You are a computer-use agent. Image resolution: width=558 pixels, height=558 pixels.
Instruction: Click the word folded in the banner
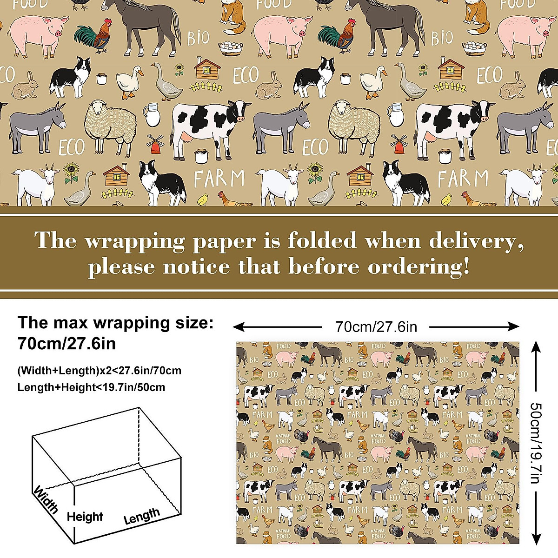(322, 240)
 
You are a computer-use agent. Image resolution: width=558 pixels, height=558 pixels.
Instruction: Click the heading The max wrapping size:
(116, 322)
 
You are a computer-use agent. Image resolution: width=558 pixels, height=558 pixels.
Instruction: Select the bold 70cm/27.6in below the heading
(66, 344)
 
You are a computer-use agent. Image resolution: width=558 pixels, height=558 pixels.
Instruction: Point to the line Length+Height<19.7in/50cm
(91, 387)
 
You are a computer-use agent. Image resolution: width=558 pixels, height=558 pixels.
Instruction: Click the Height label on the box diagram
(85, 517)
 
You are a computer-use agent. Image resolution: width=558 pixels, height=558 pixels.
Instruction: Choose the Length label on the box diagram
(142, 516)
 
